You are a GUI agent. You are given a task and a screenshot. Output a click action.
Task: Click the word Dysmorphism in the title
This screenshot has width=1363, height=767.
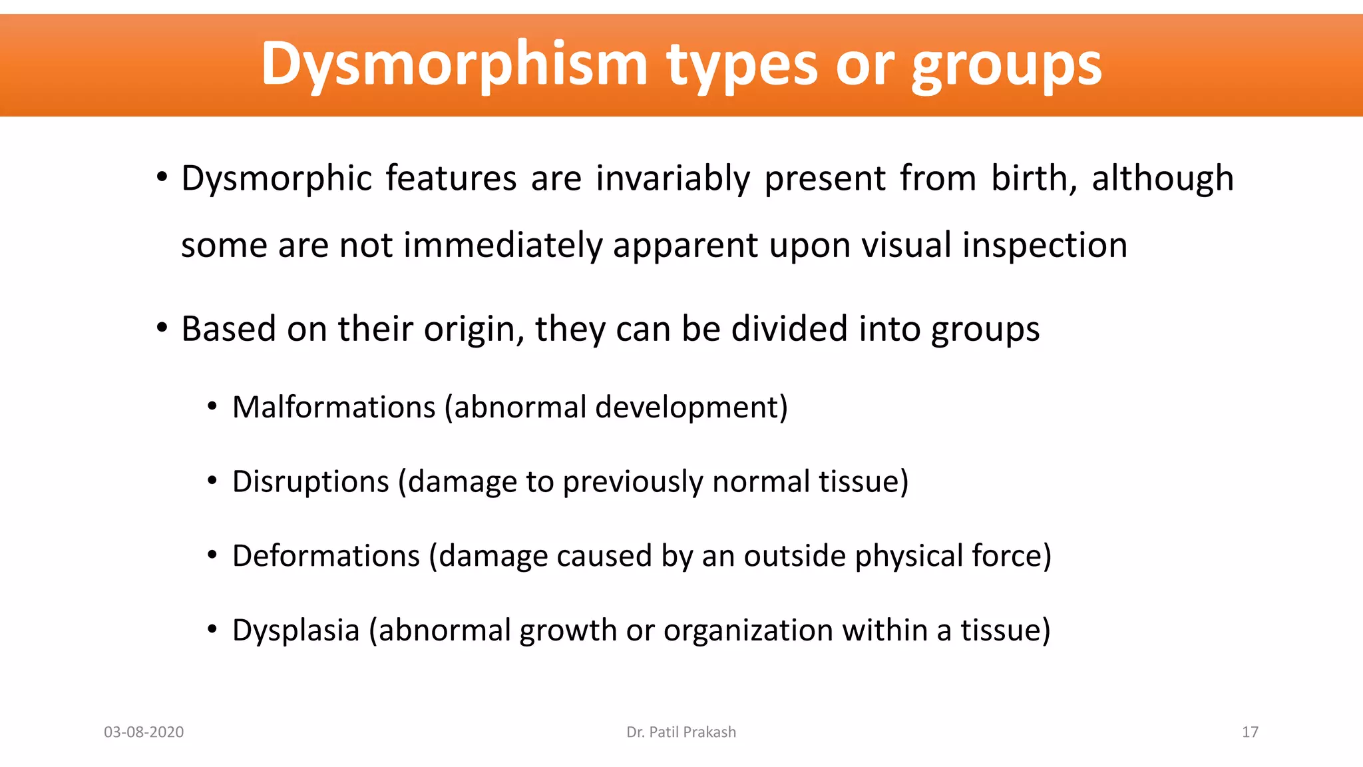coord(454,65)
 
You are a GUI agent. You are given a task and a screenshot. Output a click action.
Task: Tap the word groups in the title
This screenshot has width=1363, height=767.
coord(1006,65)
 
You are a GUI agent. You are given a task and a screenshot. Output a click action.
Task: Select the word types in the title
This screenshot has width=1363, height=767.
coord(742,65)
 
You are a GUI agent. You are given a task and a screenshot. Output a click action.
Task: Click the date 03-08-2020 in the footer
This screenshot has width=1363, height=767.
coord(144,732)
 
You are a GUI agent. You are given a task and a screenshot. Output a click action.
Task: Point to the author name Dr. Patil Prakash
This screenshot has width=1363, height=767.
coord(681,732)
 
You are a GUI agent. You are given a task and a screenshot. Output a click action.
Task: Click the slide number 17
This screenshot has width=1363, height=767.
coord(1250,732)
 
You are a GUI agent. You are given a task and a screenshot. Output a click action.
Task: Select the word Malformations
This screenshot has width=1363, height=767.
coord(333,407)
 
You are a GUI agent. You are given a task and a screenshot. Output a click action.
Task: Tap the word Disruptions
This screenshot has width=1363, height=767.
coord(310,481)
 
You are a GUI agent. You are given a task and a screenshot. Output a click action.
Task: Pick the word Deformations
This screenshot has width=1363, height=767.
coord(326,555)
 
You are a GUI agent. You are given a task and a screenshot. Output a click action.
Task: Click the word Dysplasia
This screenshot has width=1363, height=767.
coord(295,630)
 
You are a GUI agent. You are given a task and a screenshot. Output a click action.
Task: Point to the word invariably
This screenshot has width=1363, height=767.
coord(673,178)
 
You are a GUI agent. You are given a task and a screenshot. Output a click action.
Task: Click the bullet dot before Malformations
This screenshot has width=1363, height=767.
coord(212,406)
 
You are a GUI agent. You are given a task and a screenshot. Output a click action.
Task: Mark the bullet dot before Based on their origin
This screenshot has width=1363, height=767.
coord(162,328)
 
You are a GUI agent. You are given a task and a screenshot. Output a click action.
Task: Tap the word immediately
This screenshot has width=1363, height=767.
coord(502,245)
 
